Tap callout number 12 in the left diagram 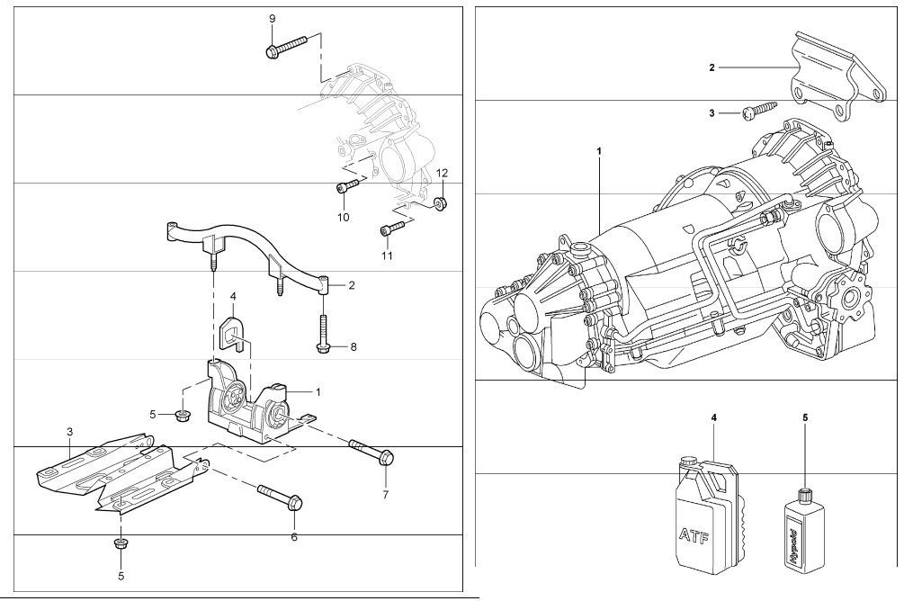tap(442, 173)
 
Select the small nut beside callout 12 tap(442, 202)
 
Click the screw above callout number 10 tap(347, 185)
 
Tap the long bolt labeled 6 tap(281, 496)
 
